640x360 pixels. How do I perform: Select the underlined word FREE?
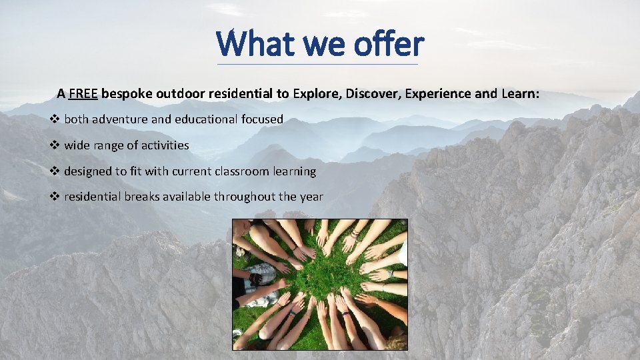83,94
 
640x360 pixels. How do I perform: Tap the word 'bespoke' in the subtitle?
127,94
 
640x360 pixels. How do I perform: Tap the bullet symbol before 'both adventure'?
55,120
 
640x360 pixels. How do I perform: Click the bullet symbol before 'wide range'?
55,145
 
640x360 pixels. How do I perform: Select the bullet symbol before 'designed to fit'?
55,171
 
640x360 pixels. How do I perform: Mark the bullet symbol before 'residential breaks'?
55,197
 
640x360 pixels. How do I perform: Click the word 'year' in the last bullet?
311,197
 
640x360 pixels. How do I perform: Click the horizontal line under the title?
318,65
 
